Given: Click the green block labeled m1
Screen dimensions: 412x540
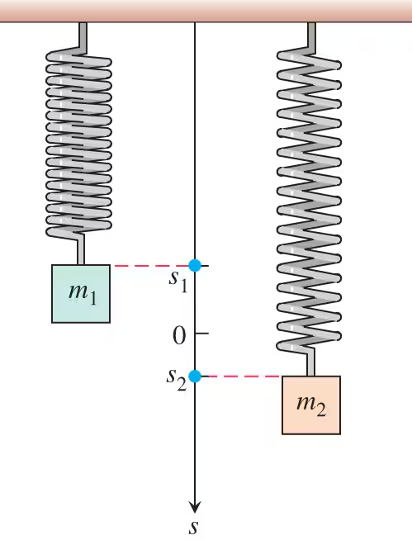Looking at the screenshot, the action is (81, 294).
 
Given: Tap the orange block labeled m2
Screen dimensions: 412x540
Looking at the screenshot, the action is (311, 405).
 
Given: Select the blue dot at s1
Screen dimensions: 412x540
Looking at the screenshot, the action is (195, 265).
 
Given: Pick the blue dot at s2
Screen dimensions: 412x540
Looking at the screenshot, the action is (195, 376).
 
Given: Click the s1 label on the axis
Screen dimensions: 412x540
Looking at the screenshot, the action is (178, 282).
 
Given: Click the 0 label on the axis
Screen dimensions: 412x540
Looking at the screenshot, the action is (179, 335).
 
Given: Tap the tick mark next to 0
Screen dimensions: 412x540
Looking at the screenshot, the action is (201, 334).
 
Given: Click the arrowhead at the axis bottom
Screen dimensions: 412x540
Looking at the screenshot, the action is (195, 508).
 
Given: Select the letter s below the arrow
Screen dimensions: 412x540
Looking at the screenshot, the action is (194, 528).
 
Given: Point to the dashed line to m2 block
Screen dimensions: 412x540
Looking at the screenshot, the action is (244, 377).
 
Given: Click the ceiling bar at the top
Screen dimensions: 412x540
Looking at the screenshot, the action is (206, 11).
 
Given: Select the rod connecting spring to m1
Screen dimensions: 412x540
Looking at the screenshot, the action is (80, 250).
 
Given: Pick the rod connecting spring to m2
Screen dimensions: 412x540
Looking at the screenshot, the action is (310, 363).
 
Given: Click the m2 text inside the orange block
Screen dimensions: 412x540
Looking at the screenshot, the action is (311, 405).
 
